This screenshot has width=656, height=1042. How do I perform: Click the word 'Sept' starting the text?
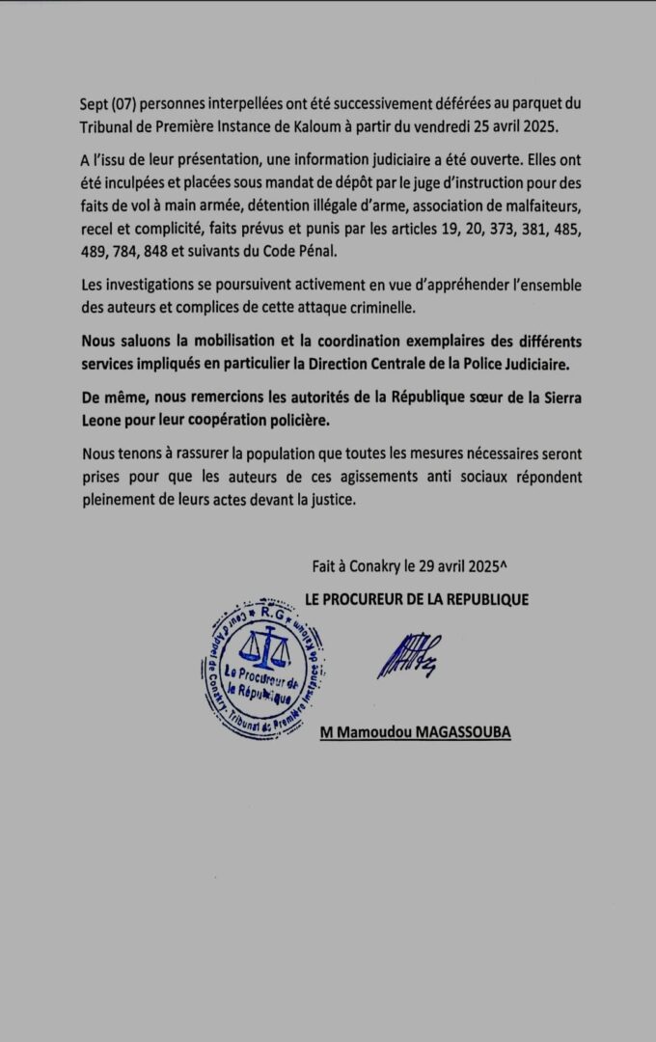pos(96,104)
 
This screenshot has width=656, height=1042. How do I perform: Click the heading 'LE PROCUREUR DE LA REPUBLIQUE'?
pos(416,600)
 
